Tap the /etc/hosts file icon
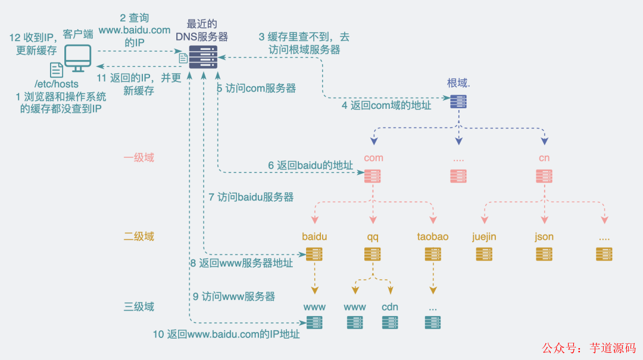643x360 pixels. (57, 70)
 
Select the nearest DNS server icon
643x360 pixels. (203, 57)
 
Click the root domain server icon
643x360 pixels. (458, 102)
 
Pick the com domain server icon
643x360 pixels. (372, 176)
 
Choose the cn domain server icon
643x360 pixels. (544, 176)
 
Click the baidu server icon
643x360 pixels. (314, 254)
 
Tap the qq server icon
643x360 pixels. (372, 254)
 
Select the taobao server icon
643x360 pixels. (433, 254)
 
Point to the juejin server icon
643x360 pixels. (483, 254)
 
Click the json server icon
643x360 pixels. (544, 254)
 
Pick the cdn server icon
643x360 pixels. (390, 323)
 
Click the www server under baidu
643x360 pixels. (314, 323)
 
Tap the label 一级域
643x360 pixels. (139, 158)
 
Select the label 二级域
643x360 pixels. (139, 236)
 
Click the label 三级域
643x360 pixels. (139, 306)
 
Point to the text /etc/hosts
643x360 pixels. (57, 84)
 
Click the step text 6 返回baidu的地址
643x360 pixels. (310, 165)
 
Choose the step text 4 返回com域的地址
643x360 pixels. (386, 105)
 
